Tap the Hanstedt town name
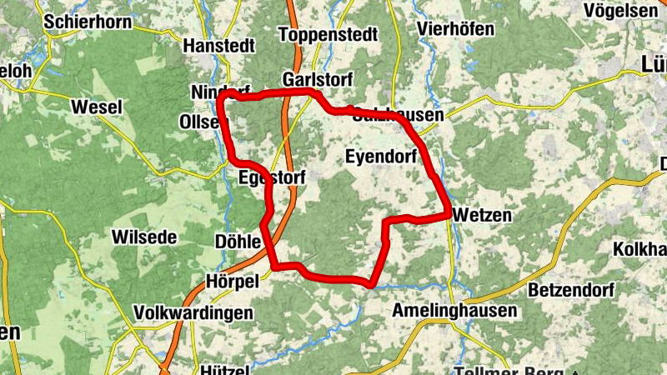point(218,45)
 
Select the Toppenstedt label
point(328,35)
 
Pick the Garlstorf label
point(318,78)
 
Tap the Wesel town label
point(97,107)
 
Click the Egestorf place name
point(272,177)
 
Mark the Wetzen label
point(482,215)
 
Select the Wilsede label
point(144,237)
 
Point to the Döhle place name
point(238,242)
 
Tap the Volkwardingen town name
point(193,313)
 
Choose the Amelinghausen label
point(454,311)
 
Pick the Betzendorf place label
point(571,291)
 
